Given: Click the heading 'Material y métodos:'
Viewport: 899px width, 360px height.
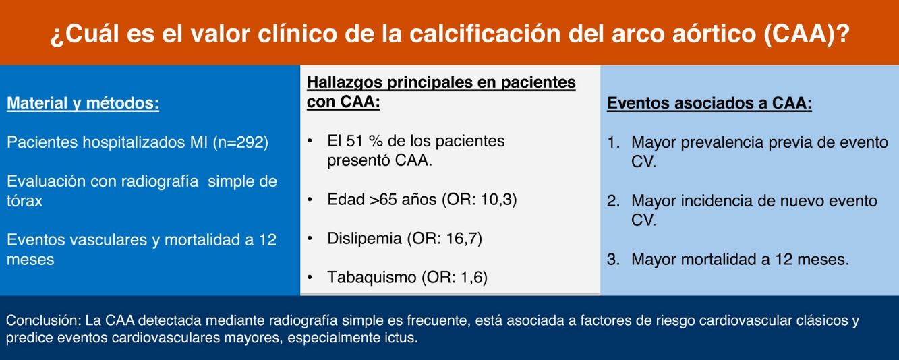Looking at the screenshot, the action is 83,104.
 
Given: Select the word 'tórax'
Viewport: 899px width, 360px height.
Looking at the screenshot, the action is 24,201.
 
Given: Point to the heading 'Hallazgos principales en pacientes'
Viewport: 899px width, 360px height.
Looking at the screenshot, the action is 441,82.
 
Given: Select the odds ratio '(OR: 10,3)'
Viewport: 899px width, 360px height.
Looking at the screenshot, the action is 480,200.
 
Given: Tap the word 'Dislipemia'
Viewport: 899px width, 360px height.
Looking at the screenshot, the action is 364,239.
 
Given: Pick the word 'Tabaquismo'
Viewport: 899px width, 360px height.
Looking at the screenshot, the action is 372,277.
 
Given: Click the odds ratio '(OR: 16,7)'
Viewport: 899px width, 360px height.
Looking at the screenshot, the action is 444,239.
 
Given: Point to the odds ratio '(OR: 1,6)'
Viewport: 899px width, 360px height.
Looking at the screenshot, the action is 455,277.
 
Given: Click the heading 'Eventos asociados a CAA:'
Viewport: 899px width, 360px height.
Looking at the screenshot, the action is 709,103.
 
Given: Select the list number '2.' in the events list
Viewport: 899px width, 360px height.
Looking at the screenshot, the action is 613,201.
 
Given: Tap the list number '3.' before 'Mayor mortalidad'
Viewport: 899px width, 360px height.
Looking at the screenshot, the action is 613,260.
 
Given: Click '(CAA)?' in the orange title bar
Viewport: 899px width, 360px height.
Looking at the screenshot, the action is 807,33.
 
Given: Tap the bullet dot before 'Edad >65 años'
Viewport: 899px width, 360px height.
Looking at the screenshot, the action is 310,200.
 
